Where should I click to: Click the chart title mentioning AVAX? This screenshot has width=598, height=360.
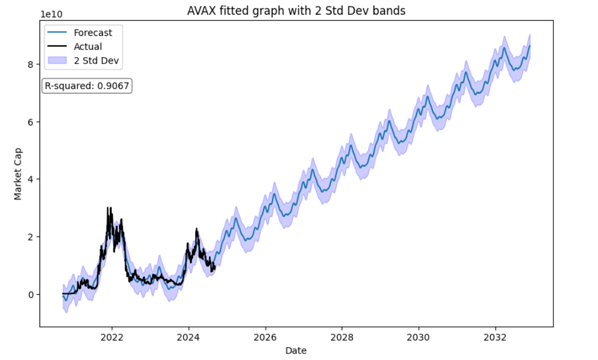tap(296, 11)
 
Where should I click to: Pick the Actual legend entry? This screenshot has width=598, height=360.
tap(88, 47)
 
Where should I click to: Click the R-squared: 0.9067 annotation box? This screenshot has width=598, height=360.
tap(88, 86)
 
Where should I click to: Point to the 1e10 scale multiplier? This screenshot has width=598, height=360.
tap(52, 14)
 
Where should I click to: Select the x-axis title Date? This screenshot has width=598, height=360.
tap(296, 351)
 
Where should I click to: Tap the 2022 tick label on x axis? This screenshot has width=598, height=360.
tap(111, 338)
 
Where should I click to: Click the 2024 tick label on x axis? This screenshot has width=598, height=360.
tap(189, 338)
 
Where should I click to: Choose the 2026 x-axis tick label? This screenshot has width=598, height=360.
tap(265, 338)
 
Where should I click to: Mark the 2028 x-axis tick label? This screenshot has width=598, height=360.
tap(342, 338)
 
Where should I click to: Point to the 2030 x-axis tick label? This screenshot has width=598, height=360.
tap(419, 338)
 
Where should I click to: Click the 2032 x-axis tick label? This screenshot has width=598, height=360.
tap(495, 338)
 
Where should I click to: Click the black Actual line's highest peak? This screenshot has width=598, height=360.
tap(108, 208)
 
